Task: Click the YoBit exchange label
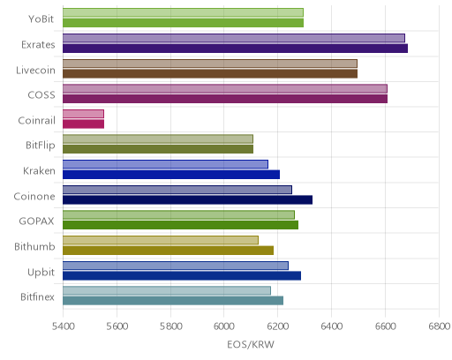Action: pos(41,19)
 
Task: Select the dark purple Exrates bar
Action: pos(235,49)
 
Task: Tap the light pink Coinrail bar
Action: pos(83,114)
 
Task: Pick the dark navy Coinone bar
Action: pos(187,200)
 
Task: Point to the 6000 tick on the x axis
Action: pos(223,326)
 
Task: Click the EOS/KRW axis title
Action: pos(251,344)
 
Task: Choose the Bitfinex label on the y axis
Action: pos(37,296)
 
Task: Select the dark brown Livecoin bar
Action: pos(210,74)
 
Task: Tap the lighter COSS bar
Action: pos(225,88)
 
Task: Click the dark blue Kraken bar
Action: pos(171,175)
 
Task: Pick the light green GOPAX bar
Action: pos(178,215)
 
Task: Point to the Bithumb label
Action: pos(34,246)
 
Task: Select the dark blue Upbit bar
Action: pos(182,276)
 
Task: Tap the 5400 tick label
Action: pos(63,326)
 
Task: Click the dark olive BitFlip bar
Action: pos(158,149)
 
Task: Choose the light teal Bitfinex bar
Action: pos(167,291)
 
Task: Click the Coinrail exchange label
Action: pos(37,121)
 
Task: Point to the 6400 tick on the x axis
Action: pos(331,326)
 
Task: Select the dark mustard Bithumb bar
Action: pos(168,251)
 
